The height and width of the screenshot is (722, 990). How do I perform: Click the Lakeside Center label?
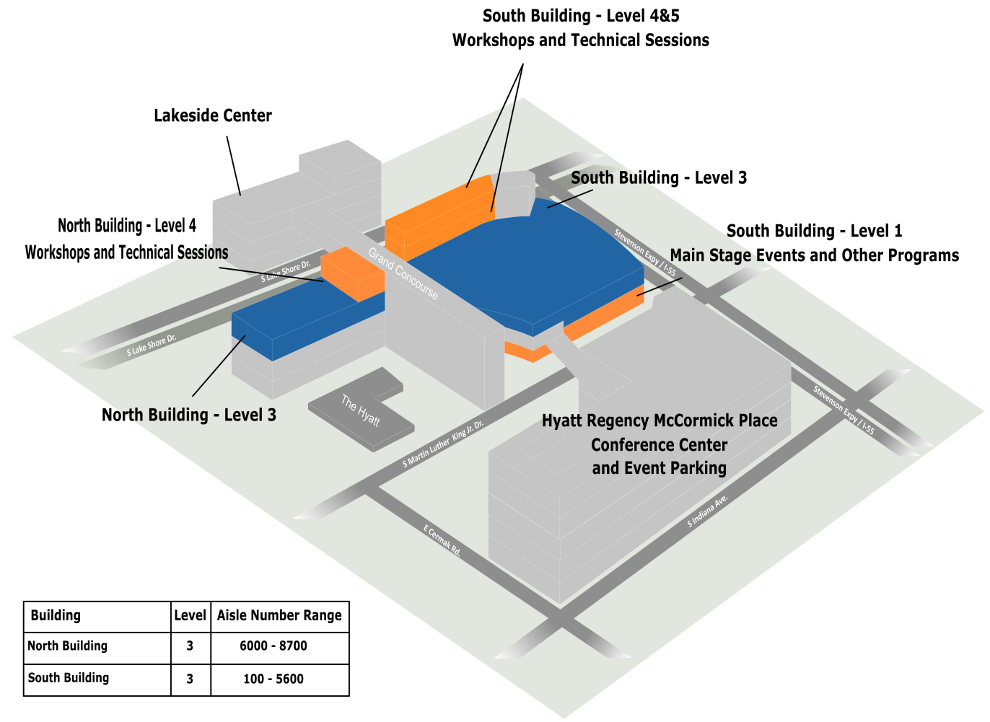click(x=213, y=115)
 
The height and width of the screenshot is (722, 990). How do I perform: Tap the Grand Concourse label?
click(x=403, y=273)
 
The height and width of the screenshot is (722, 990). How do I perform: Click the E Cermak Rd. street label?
click(x=442, y=539)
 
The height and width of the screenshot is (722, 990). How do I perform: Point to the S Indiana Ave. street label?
click(x=708, y=511)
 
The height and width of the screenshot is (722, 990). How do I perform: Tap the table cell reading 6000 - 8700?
click(x=273, y=646)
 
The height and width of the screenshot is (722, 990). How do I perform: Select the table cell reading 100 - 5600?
click(x=273, y=679)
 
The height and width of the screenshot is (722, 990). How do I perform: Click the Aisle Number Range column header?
click(x=279, y=616)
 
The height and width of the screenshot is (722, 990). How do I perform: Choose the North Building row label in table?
click(x=68, y=646)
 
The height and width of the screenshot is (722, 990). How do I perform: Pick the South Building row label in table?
click(x=69, y=678)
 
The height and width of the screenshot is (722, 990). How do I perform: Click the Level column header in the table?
click(x=190, y=616)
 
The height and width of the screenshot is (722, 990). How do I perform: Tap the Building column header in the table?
click(x=56, y=616)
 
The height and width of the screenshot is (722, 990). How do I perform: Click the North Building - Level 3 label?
click(x=189, y=415)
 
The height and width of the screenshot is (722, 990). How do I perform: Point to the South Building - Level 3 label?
click(x=659, y=177)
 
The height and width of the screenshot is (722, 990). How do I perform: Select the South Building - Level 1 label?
click(x=814, y=232)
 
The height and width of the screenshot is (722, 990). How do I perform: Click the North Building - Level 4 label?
click(x=127, y=226)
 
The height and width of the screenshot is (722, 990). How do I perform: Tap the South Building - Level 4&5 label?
click(x=581, y=16)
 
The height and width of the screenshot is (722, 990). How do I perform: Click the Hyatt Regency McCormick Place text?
click(x=660, y=421)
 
